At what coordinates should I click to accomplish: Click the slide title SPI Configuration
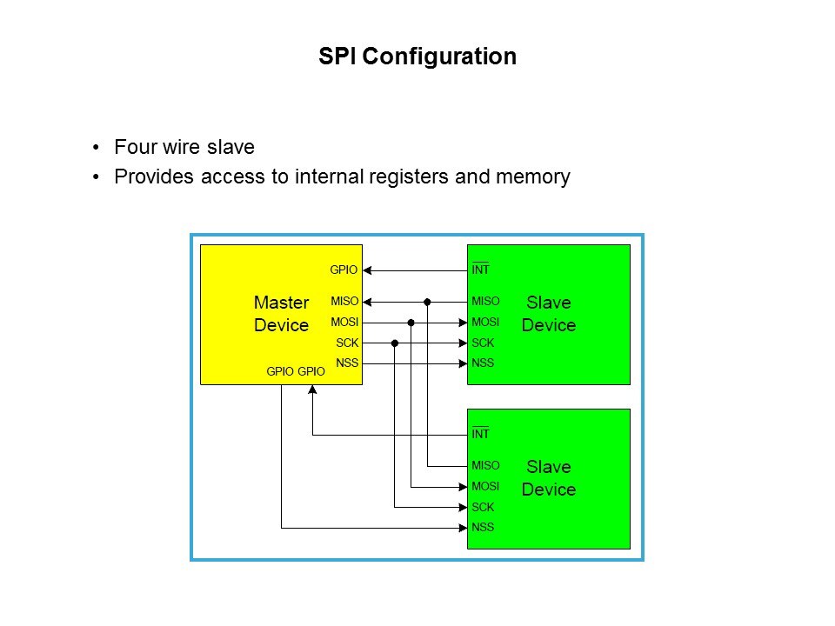pos(417,57)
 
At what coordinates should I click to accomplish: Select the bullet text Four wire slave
pos(184,147)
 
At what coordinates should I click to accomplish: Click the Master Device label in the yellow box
pos(281,314)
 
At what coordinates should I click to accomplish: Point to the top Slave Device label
pos(548,314)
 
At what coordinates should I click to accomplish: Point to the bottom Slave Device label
pos(548,478)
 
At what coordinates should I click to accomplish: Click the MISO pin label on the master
pos(344,302)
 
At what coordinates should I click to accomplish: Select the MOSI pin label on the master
pos(344,323)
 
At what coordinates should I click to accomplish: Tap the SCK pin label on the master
pos(347,343)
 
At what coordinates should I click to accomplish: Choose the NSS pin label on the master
pos(347,363)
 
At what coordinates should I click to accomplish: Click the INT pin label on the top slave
pos(480,270)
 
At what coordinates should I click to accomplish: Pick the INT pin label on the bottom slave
pos(480,434)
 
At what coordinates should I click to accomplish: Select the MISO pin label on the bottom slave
pos(485,466)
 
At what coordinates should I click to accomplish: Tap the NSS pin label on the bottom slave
pos(483,527)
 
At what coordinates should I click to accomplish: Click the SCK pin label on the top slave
pos(483,343)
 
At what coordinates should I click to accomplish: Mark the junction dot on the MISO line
pos(428,302)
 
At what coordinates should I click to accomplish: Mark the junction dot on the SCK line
pos(395,343)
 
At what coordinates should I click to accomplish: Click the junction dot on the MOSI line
pos(411,323)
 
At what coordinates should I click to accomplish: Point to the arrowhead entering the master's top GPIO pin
pos(367,270)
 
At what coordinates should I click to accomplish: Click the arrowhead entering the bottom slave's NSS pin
pos(462,527)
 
